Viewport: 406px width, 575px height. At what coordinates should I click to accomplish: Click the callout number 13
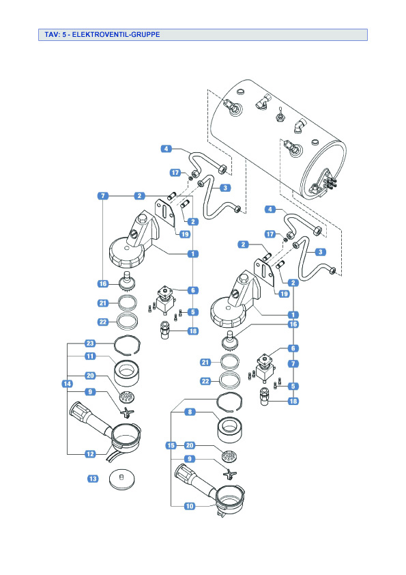[x=93, y=479]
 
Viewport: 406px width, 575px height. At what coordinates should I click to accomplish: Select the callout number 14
[x=67, y=384]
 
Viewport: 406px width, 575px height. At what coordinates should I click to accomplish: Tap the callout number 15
[x=171, y=445]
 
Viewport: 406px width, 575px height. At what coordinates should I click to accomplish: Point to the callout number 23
[x=90, y=343]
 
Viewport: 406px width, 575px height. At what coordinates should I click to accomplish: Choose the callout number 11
[x=90, y=356]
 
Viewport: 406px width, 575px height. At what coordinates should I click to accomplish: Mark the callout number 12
[x=90, y=454]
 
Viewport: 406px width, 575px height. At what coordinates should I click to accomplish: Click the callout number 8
[x=190, y=412]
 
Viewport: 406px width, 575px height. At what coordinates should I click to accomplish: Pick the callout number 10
[x=190, y=506]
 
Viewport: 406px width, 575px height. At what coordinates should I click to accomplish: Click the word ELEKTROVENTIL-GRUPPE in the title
[x=116, y=34]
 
